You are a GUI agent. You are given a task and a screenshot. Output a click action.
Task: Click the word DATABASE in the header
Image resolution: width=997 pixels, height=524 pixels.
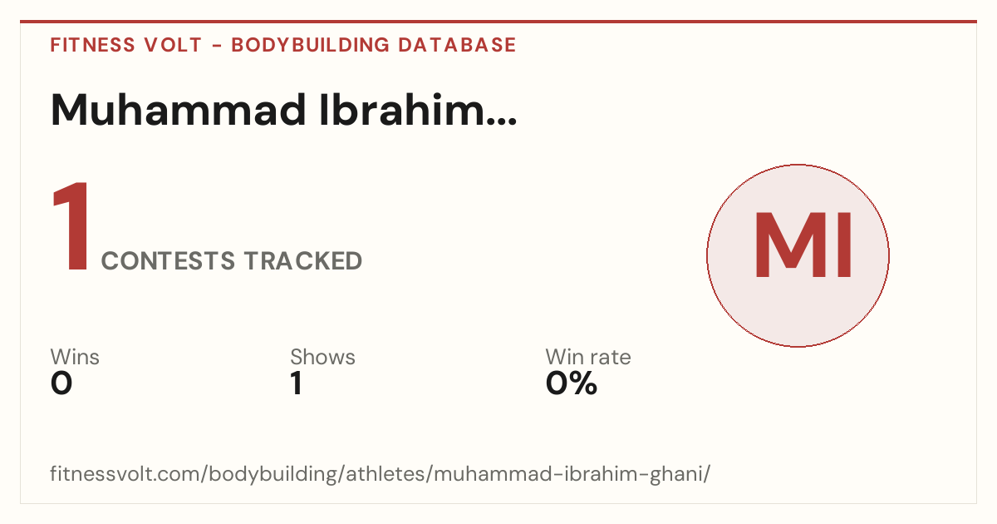(x=457, y=45)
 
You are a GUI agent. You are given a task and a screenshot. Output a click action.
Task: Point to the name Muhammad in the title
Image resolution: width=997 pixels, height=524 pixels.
(x=179, y=110)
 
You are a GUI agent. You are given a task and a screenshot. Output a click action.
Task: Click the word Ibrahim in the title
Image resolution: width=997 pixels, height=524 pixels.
(x=400, y=110)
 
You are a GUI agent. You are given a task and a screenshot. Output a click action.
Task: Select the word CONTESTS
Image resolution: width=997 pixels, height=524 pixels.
(x=168, y=260)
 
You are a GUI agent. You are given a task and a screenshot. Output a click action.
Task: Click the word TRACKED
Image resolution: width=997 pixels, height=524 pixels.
(x=303, y=260)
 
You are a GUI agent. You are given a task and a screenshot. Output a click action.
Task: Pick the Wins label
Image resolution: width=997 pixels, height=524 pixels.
(x=75, y=357)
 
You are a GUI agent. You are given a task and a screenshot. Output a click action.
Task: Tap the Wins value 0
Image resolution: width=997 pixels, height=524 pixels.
(x=61, y=383)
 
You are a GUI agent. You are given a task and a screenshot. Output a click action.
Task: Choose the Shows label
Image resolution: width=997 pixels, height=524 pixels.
(x=322, y=357)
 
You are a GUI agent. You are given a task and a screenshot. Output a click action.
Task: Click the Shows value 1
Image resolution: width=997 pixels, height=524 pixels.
(x=297, y=383)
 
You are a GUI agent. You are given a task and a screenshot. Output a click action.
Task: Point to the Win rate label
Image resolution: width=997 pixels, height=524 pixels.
(x=588, y=357)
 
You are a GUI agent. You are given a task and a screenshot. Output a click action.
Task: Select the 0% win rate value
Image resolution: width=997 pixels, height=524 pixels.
(x=572, y=383)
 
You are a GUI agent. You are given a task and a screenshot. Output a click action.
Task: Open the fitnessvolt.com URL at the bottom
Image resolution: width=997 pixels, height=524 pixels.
(x=381, y=473)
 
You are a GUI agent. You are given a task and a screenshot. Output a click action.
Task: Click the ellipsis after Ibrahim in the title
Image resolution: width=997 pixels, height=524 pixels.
(x=500, y=121)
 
